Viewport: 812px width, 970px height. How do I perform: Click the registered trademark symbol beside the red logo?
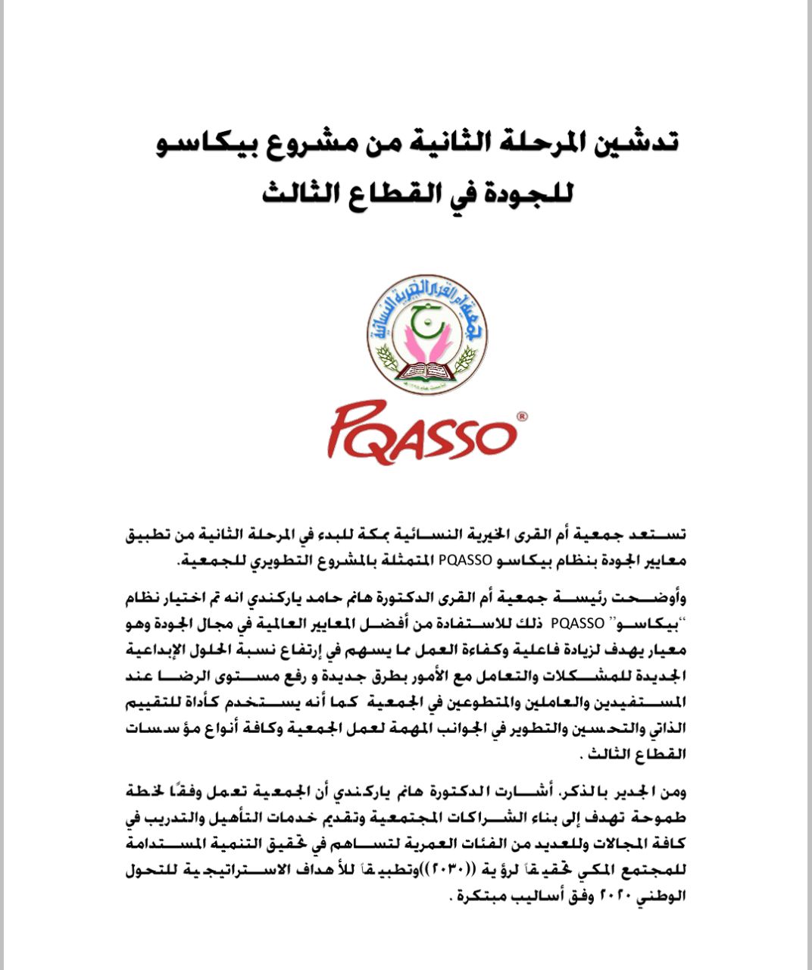(x=522, y=416)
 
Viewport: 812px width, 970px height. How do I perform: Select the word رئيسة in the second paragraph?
(x=594, y=599)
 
